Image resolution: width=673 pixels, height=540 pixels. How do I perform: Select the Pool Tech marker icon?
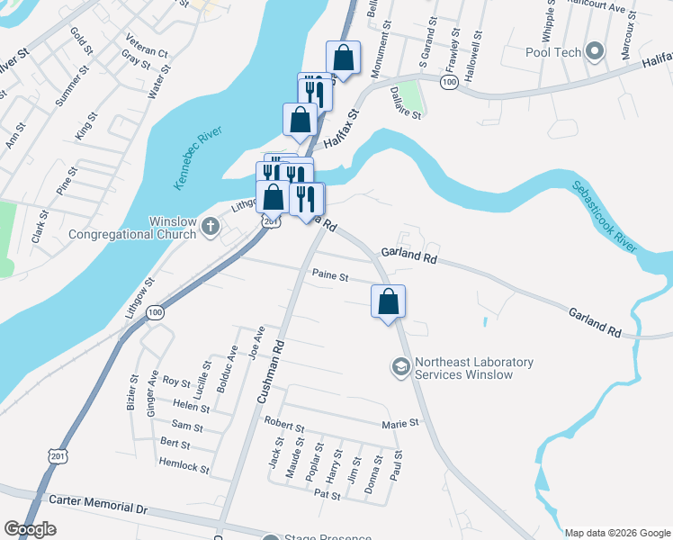pos(593,50)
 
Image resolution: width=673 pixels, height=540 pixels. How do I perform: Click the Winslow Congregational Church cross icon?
pos(211,224)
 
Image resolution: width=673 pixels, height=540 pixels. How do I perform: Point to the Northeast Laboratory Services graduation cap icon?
pos(399,367)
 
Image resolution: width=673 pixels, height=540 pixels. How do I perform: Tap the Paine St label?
pos(329,276)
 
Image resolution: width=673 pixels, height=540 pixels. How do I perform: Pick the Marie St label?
pos(400,422)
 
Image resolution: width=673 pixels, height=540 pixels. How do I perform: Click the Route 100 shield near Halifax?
pos(449,82)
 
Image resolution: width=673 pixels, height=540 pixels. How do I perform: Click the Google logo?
pos(30,529)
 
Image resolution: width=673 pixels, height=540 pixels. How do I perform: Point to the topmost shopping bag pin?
pos(343,58)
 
